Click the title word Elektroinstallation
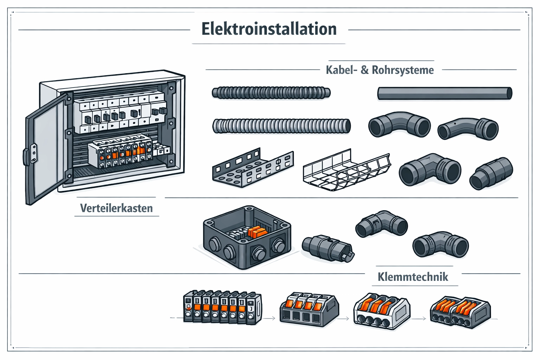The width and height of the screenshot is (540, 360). pos(269,29)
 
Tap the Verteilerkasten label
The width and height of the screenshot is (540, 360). pos(116,208)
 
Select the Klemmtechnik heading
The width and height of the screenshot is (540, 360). pos(413,277)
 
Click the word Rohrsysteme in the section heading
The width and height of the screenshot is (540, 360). pos(403,70)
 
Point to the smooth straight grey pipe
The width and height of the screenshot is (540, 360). pos(444,94)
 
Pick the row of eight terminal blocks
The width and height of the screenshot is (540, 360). pos(222,307)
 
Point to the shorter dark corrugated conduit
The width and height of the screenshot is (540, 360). pos(271,93)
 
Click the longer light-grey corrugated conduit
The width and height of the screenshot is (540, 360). pos(281,126)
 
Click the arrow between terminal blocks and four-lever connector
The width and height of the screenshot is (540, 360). pos(270,319)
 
